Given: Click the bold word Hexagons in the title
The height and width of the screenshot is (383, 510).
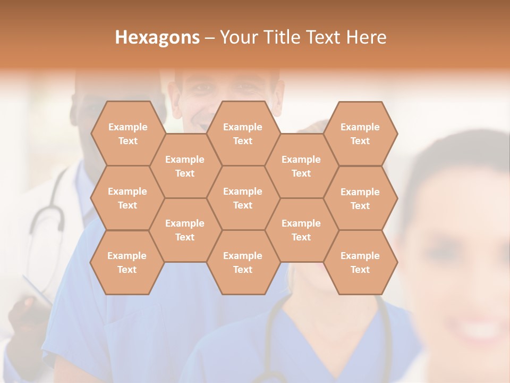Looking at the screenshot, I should pyautogui.click(x=157, y=37).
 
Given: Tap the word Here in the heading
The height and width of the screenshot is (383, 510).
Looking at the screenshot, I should pyautogui.click(x=366, y=37).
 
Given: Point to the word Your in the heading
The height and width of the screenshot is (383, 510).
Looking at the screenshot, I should pyautogui.click(x=239, y=37).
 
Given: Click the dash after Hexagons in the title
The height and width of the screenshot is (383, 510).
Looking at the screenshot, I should pyautogui.click(x=209, y=38).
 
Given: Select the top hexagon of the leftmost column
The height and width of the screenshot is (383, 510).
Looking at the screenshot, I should pyautogui.click(x=127, y=134).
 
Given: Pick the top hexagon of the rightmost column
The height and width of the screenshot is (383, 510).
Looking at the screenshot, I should pyautogui.click(x=360, y=134).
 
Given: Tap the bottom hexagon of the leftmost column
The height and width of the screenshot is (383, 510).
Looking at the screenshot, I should pyautogui.click(x=127, y=262).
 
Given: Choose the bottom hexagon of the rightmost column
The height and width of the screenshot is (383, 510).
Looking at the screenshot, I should pyautogui.click(x=360, y=262).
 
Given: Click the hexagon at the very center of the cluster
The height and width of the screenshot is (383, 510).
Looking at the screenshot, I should pyautogui.click(x=243, y=198).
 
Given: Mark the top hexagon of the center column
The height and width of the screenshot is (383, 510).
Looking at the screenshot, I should pyautogui.click(x=243, y=134).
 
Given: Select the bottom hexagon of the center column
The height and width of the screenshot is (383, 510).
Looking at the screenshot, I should pyautogui.click(x=243, y=262).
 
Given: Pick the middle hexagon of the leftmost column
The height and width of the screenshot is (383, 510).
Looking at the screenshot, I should pyautogui.click(x=127, y=198).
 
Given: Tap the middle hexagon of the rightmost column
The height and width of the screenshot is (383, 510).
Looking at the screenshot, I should pyautogui.click(x=360, y=198).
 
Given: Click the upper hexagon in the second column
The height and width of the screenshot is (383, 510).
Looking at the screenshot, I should pyautogui.click(x=185, y=166).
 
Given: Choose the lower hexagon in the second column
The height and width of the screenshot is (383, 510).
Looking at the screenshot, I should pyautogui.click(x=185, y=230).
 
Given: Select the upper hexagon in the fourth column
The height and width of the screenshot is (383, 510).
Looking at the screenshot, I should pyautogui.click(x=301, y=166).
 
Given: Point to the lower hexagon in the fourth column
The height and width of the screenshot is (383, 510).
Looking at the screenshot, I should pyautogui.click(x=301, y=230).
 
